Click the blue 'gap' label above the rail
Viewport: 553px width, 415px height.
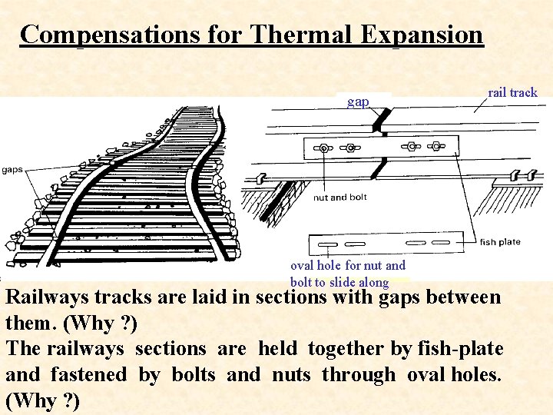point(358,101)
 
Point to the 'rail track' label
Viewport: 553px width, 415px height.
point(512,92)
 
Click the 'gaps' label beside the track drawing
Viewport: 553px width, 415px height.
point(12,170)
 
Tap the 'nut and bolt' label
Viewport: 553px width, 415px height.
point(339,198)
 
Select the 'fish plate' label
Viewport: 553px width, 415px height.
point(500,242)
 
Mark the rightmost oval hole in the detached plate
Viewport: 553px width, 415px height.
point(444,240)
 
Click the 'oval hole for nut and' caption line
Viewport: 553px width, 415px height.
point(348,266)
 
